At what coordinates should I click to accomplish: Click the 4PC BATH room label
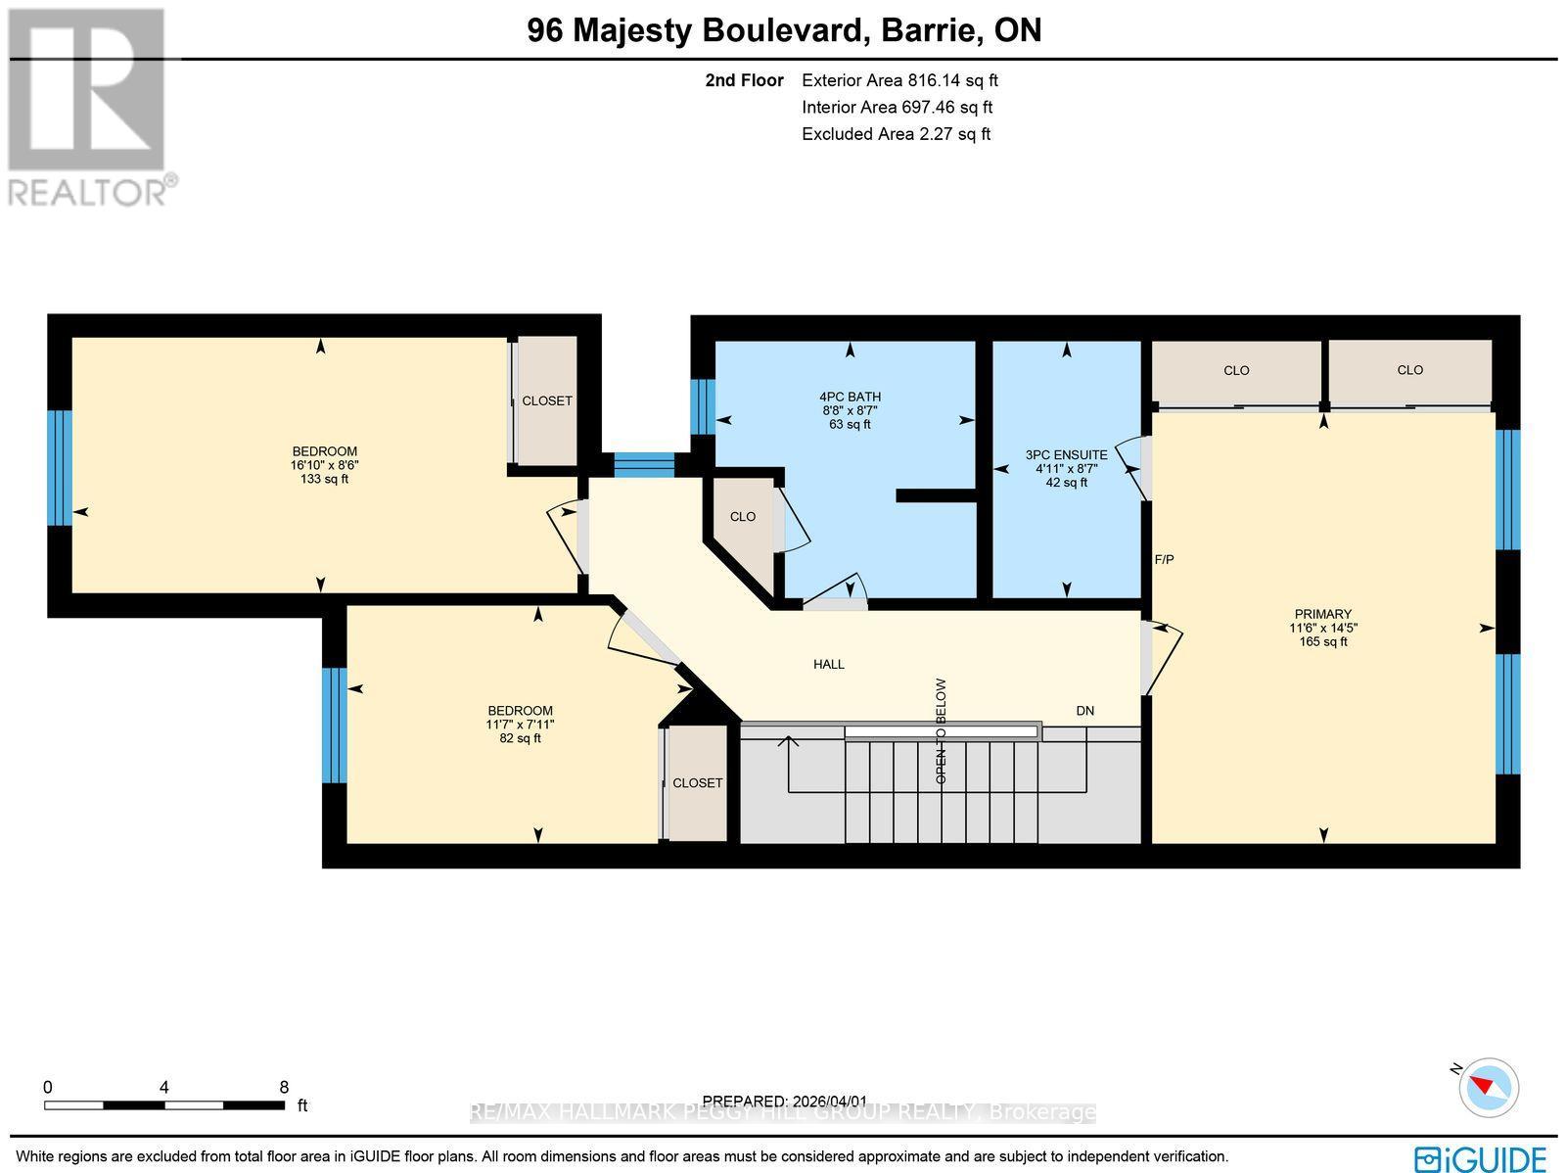[850, 397]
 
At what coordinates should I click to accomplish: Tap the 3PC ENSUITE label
[1066, 455]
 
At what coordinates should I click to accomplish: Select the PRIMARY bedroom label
[1322, 614]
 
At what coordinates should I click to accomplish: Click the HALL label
[828, 664]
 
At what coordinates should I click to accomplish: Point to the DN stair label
[1084, 711]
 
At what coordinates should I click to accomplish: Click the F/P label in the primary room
[1164, 560]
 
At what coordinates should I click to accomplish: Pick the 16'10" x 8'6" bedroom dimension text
[324, 465]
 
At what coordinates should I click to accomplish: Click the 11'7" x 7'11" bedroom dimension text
[520, 725]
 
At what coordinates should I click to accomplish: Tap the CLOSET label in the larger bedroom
[546, 401]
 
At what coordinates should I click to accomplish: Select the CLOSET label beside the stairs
[697, 783]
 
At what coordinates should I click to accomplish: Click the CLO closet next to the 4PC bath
[742, 517]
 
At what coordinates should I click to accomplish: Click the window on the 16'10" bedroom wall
[60, 468]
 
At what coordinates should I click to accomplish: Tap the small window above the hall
[644, 464]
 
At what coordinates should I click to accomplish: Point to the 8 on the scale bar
[284, 1087]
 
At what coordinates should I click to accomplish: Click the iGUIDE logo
[1480, 1157]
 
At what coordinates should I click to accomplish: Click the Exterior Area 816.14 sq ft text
[899, 81]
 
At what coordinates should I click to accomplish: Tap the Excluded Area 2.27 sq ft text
[896, 134]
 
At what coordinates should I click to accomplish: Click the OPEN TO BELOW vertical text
[942, 730]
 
